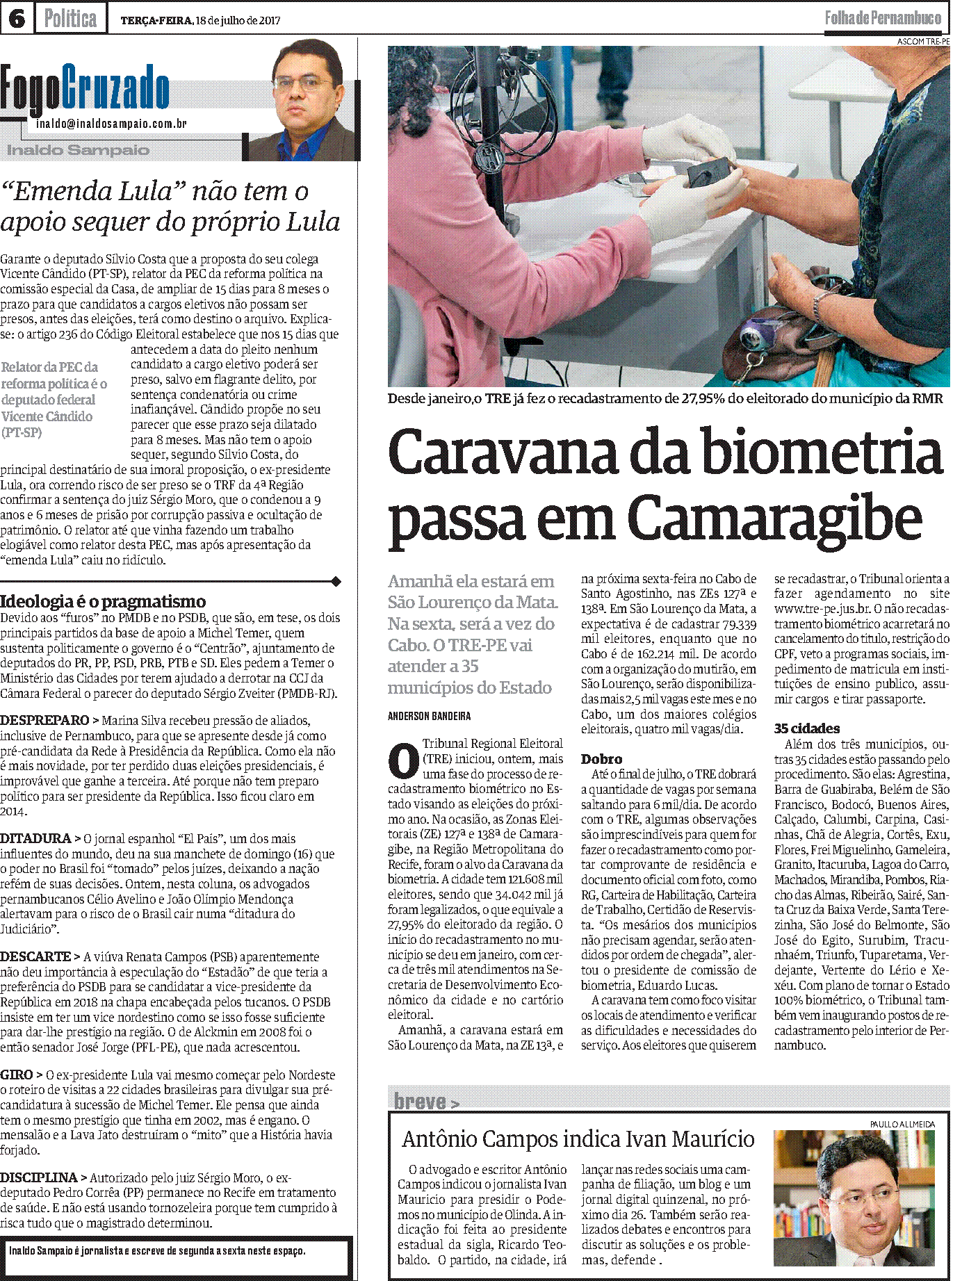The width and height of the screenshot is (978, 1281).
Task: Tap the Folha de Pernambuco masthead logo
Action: (883, 18)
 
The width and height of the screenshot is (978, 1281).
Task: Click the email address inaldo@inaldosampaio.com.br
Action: (111, 124)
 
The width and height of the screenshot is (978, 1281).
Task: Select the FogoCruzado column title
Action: (85, 89)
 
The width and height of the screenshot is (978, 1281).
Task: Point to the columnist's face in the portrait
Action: (304, 87)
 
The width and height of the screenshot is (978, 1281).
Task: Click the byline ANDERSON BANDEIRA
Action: (429, 716)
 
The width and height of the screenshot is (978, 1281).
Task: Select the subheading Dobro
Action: (601, 759)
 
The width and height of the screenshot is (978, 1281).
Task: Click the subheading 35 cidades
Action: (806, 728)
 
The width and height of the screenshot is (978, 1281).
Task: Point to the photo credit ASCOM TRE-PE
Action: (922, 42)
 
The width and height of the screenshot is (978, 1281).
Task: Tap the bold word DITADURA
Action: (36, 839)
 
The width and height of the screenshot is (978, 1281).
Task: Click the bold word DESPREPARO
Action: (45, 721)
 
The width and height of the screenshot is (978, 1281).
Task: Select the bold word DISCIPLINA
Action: (39, 1177)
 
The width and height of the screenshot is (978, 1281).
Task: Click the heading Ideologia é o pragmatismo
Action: (103, 601)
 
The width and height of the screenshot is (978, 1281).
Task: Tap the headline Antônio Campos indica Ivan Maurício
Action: (578, 1139)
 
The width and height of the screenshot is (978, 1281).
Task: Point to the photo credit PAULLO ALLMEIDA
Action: (902, 1124)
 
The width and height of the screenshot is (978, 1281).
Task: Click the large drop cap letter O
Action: (402, 761)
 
